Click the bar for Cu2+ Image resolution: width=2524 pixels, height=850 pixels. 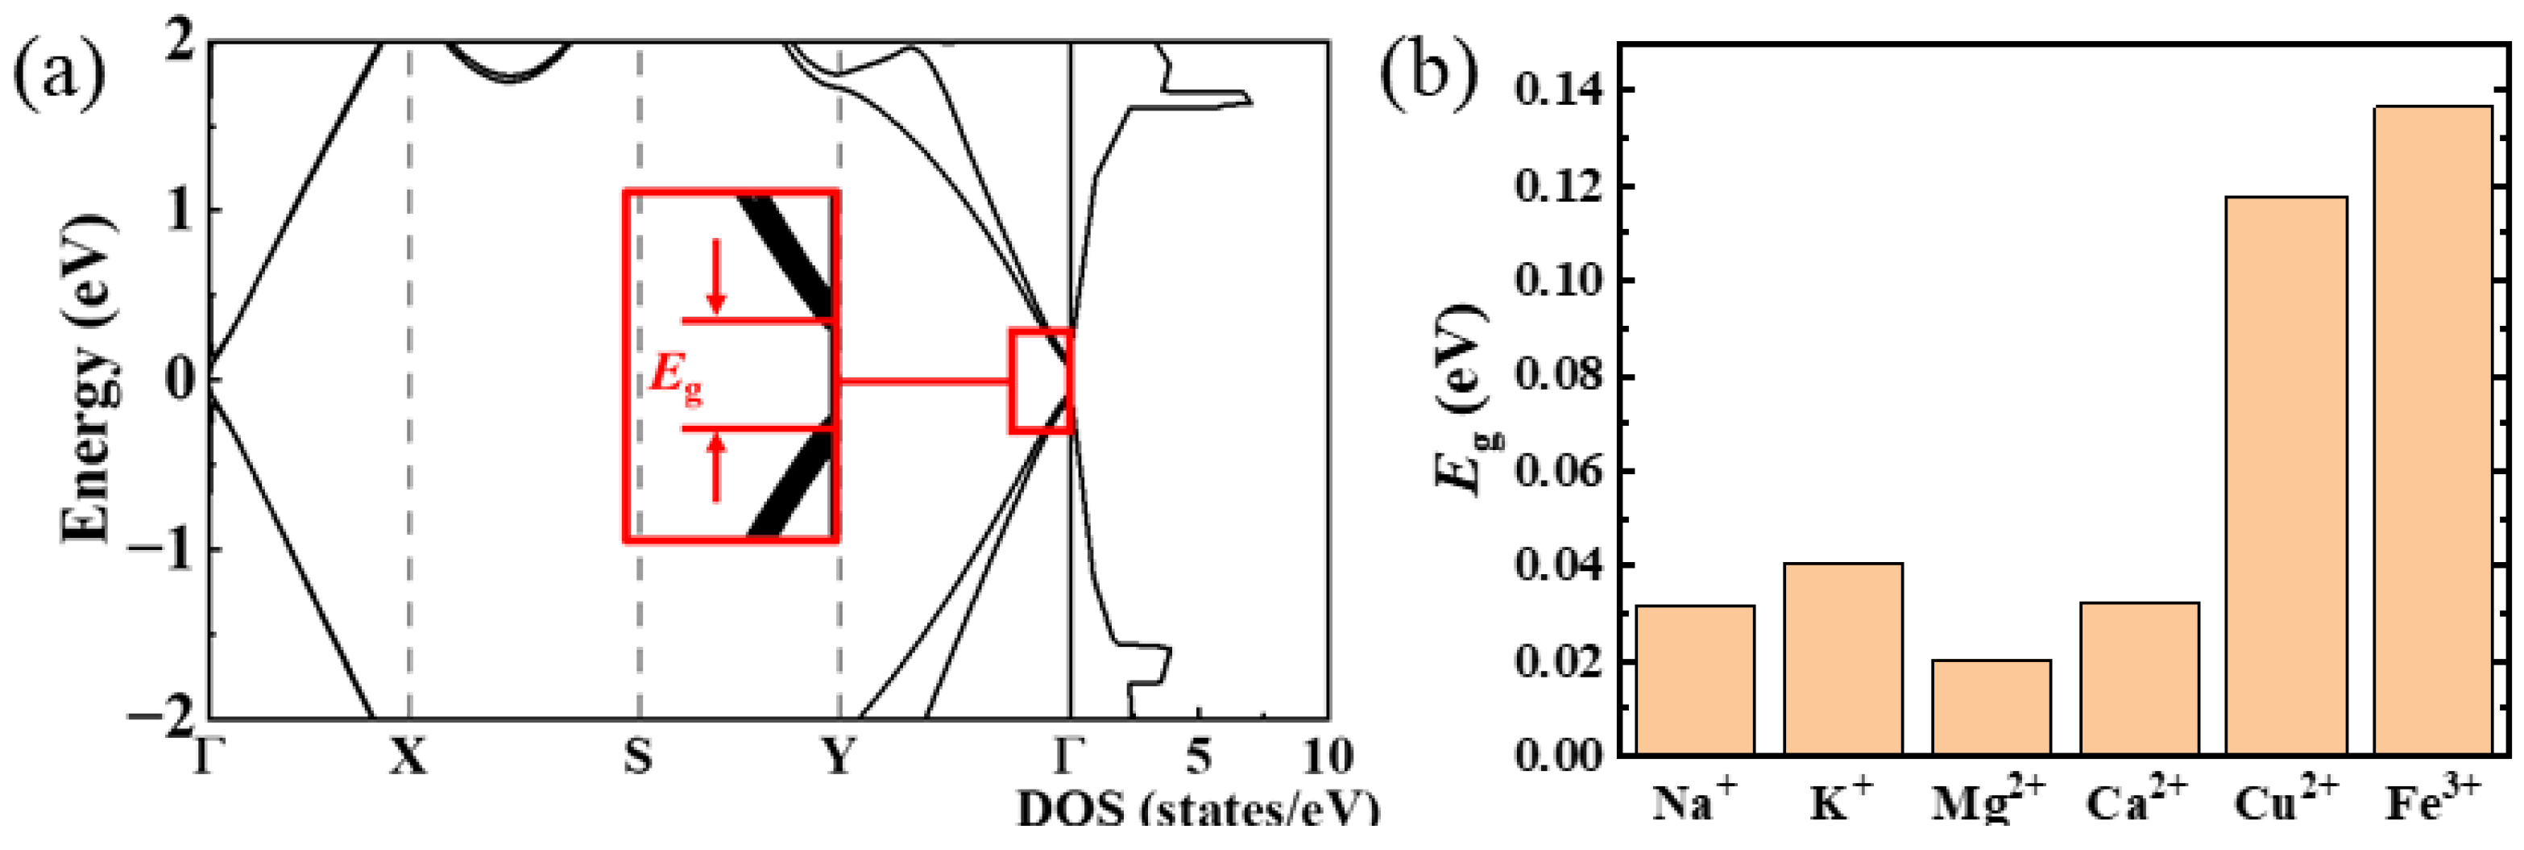pyautogui.click(x=2286, y=476)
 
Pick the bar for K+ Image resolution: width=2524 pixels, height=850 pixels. pyautogui.click(x=1843, y=658)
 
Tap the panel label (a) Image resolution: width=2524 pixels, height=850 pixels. pyautogui.click(x=59, y=73)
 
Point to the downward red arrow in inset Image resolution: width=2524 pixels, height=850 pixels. pyautogui.click(x=716, y=277)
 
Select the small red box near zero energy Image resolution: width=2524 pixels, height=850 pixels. pyautogui.click(x=1041, y=381)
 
